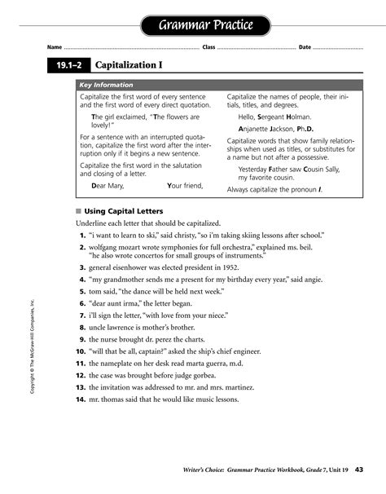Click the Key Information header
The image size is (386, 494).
(x=106, y=85)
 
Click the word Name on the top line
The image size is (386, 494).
(x=55, y=46)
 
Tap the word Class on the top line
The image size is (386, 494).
(x=208, y=46)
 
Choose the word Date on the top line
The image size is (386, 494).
(x=305, y=46)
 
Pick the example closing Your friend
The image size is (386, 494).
(x=185, y=185)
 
